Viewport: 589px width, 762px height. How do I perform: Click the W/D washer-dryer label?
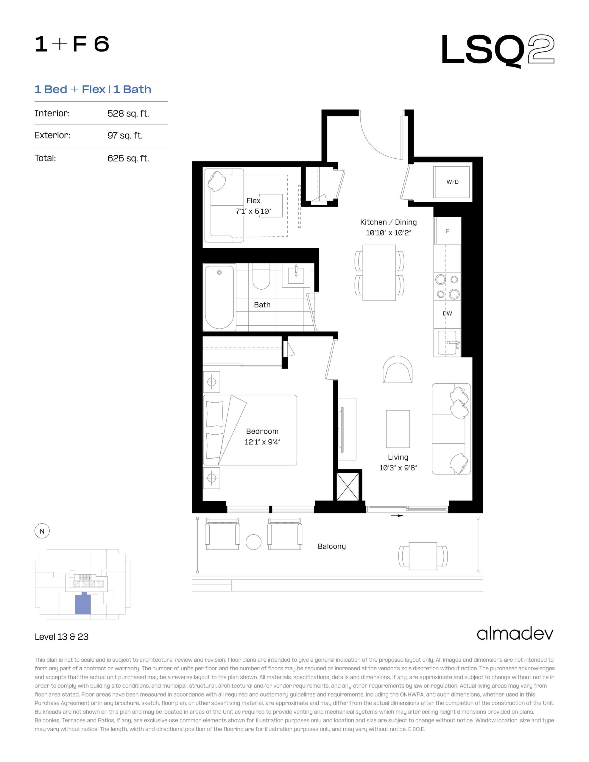453,182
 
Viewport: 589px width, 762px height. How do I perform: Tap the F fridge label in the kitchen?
448,231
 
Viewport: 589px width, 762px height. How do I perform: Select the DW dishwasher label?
447,313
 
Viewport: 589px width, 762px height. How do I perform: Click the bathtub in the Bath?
219,297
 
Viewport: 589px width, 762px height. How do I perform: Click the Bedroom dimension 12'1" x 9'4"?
262,442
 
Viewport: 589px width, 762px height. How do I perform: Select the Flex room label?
253,201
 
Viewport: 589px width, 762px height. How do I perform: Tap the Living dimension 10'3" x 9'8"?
398,468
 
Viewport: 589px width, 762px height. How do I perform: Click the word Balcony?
332,546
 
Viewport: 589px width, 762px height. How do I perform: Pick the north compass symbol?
42,531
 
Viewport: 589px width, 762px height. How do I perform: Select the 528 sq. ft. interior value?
128,113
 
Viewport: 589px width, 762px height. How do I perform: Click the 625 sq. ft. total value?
128,158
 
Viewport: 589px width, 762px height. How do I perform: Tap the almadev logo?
515,634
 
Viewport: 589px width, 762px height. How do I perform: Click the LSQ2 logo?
498,50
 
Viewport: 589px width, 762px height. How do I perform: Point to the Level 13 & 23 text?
61,637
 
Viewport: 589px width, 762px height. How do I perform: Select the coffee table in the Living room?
398,429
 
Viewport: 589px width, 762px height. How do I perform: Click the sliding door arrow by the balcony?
397,515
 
